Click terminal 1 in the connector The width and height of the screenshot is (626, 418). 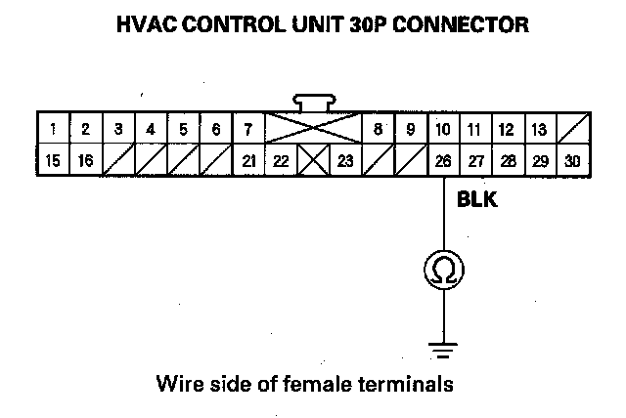point(52,129)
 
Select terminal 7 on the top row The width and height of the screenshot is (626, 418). point(247,129)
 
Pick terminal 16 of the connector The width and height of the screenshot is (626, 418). point(85,160)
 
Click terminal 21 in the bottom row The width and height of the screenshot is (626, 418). point(247,160)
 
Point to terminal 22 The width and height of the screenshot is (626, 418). point(281,160)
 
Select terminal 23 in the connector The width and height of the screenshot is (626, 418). point(345,160)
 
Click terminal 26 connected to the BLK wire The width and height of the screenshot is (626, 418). point(443,160)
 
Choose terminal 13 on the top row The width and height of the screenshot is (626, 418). point(539,129)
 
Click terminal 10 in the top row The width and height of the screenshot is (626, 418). point(443,129)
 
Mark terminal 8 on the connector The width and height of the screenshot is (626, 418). point(378,129)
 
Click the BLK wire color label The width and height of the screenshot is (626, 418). point(478,202)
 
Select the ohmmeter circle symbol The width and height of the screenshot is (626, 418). point(443,269)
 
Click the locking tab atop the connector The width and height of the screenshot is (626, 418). point(313,102)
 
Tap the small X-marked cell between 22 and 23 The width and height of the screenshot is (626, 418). point(313,160)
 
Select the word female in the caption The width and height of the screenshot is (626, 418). point(331,384)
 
